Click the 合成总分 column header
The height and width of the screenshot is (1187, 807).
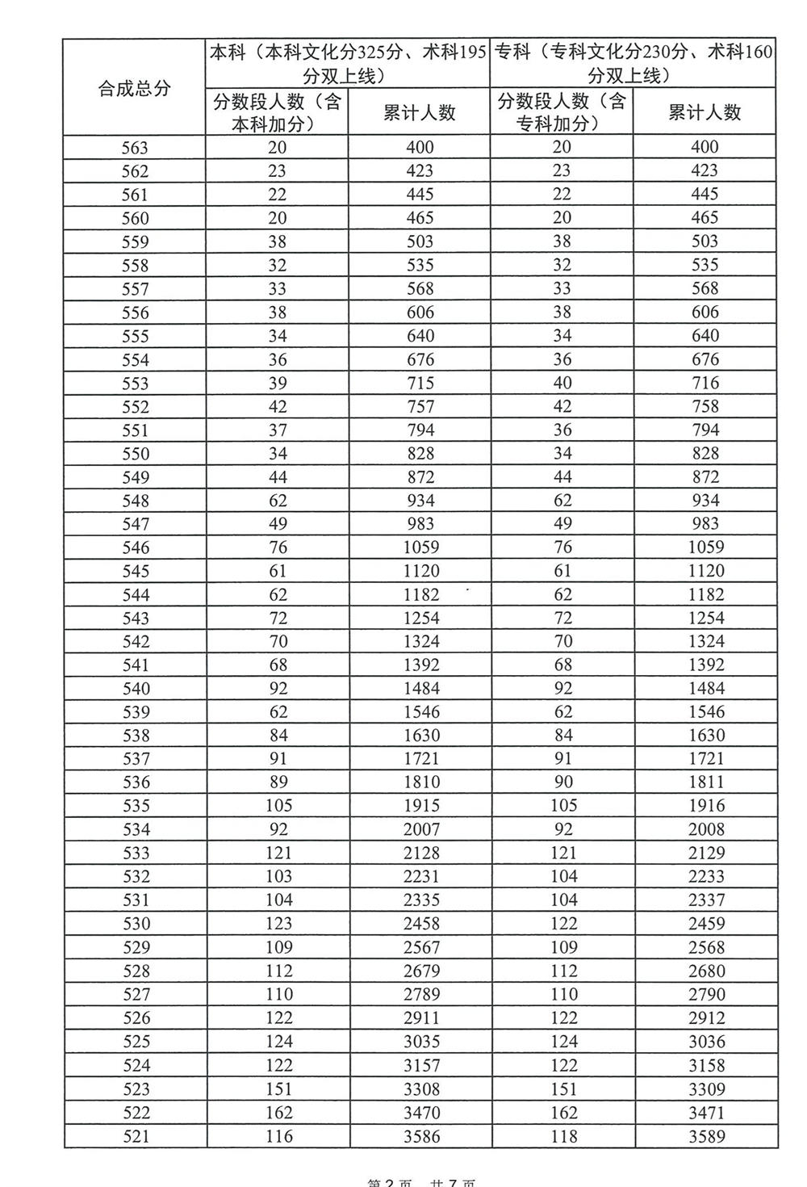point(135,88)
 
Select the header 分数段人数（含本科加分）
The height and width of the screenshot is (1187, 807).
point(277,112)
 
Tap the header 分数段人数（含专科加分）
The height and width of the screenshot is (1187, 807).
point(562,112)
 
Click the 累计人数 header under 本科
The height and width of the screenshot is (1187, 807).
point(420,112)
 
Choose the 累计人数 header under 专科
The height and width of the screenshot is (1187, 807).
point(705,112)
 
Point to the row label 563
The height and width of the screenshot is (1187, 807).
point(135,148)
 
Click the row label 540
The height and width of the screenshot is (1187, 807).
point(135,689)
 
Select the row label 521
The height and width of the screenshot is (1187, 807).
point(135,1136)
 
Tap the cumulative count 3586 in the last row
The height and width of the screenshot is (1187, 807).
point(420,1136)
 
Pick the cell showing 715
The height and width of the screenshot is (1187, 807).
point(420,383)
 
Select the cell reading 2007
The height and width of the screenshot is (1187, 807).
point(420,829)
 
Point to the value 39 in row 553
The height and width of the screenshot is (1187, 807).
point(278,383)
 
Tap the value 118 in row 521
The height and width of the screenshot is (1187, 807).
point(563,1136)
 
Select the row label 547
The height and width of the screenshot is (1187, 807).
point(135,524)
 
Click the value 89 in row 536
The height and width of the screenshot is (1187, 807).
point(278,782)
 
